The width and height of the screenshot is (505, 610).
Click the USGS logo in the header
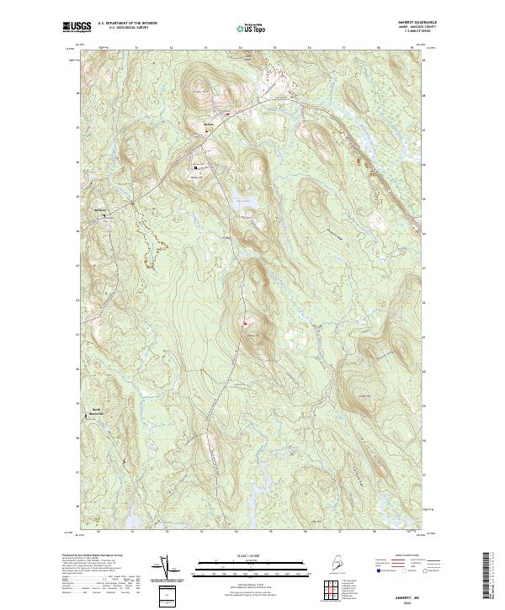coord(75,27)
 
